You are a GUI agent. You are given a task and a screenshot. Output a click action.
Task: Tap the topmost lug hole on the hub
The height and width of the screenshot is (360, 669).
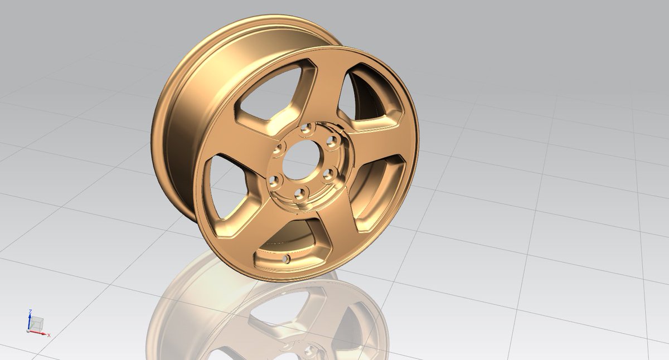(305, 130)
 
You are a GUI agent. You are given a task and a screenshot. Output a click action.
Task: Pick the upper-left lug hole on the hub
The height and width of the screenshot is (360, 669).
(279, 149)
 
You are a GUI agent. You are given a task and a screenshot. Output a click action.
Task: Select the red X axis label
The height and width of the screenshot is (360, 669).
(49, 335)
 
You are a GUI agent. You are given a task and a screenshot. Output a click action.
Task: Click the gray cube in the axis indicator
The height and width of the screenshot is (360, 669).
(37, 323)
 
